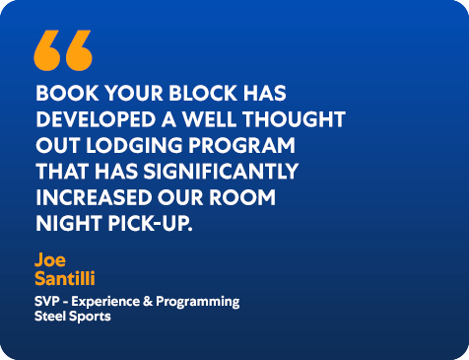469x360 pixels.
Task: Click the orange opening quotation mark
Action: coord(63,49)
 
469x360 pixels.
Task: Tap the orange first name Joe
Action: coord(49,259)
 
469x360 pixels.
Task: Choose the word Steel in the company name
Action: coord(49,317)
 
